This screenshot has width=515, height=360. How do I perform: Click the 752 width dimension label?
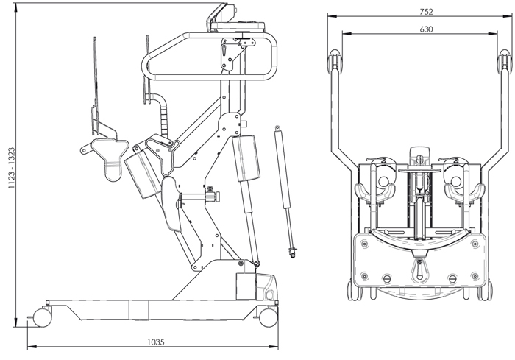[427, 10]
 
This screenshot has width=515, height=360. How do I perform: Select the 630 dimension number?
[426, 29]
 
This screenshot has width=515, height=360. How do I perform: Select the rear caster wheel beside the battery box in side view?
[268, 316]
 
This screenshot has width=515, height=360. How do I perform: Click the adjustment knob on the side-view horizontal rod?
[213, 196]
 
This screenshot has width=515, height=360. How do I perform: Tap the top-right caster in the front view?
[505, 58]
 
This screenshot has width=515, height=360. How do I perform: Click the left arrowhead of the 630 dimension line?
[347, 33]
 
